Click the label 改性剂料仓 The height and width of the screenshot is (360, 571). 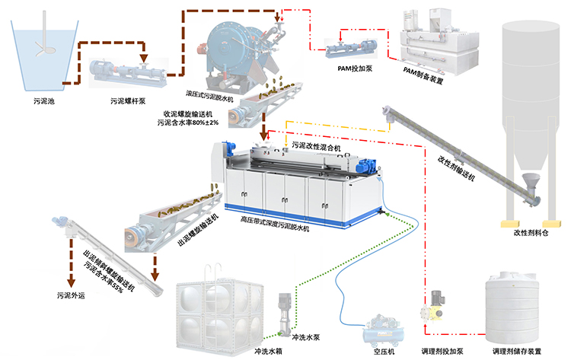pyautogui.click(x=530, y=233)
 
